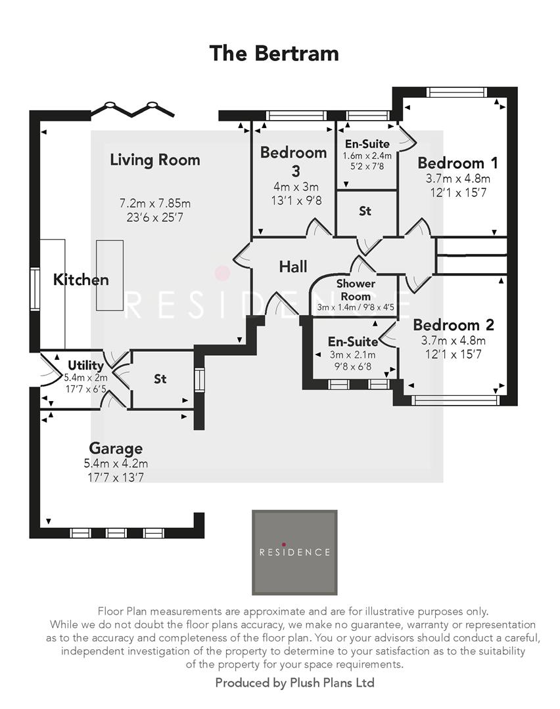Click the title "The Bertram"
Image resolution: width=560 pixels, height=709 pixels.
tap(274, 53)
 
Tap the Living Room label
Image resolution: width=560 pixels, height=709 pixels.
tap(155, 160)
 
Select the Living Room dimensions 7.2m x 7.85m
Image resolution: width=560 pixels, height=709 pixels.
tap(155, 203)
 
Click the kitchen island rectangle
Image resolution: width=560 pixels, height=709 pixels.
tap(109, 275)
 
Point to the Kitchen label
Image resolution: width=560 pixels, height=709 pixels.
tap(81, 280)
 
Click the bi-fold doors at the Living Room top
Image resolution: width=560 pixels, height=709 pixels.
tap(132, 110)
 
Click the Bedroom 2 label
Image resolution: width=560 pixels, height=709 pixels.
tap(454, 325)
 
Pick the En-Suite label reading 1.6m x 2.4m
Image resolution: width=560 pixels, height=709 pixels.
tap(367, 156)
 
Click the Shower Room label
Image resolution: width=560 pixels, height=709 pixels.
tap(356, 290)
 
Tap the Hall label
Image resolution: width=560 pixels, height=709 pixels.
tap(293, 267)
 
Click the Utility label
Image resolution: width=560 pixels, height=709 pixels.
tap(85, 366)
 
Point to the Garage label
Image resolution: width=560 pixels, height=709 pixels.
tap(116, 448)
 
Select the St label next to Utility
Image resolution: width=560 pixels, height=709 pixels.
tap(160, 379)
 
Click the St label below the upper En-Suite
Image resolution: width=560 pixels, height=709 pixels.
tap(365, 211)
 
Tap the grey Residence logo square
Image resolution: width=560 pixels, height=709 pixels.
tap(294, 552)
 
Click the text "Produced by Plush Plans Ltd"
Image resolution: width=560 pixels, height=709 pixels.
tap(294, 683)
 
